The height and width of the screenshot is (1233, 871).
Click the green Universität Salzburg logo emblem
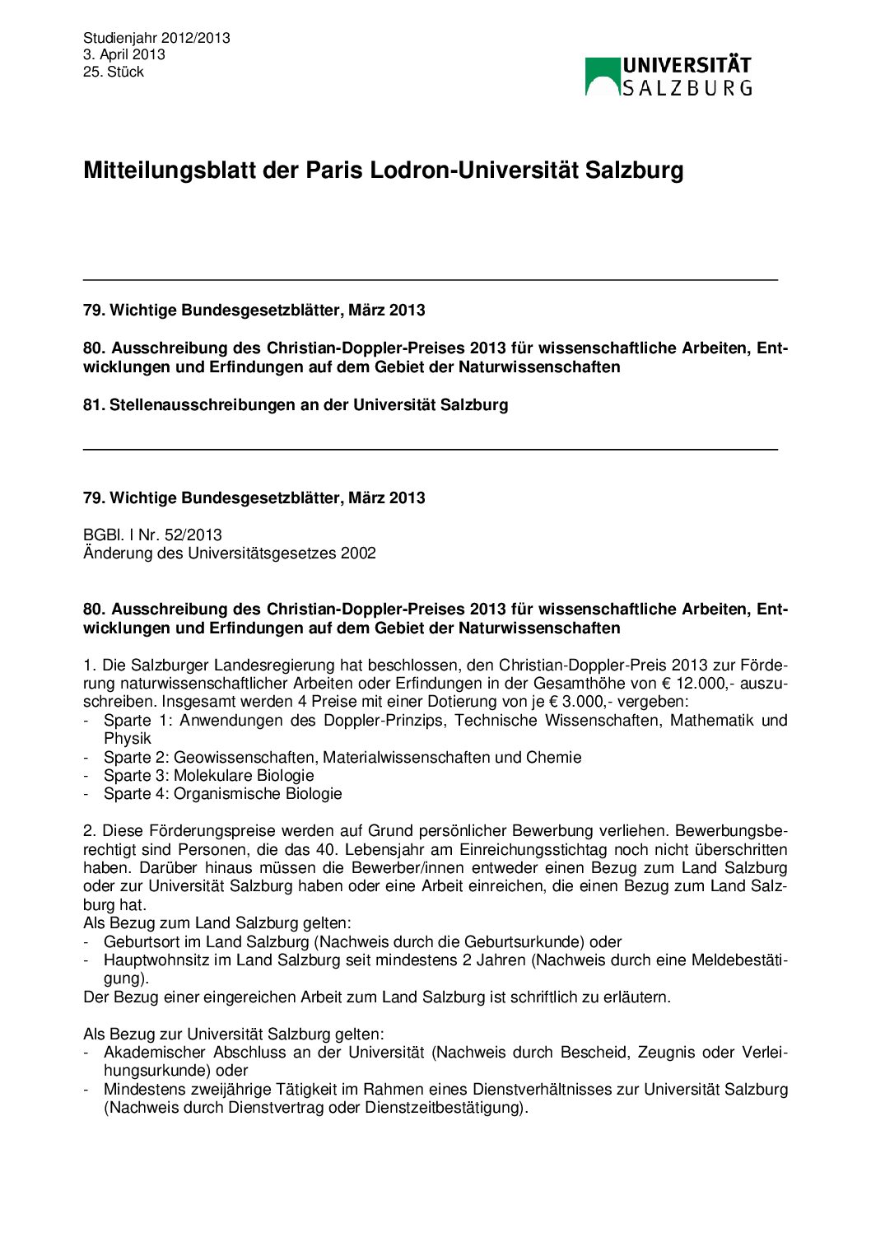pyautogui.click(x=603, y=77)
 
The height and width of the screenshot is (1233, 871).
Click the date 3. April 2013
pyautogui.click(x=123, y=54)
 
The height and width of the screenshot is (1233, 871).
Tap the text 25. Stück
pyautogui.click(x=114, y=72)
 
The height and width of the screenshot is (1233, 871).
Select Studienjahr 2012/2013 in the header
pyautogui.click(x=156, y=38)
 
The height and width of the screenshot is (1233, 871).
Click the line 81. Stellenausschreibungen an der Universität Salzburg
pyautogui.click(x=296, y=404)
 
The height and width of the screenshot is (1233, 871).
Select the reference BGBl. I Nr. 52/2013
pyautogui.click(x=152, y=535)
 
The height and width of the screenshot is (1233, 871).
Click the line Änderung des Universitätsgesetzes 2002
pyautogui.click(x=230, y=553)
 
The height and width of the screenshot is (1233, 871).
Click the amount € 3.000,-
pyautogui.click(x=580, y=702)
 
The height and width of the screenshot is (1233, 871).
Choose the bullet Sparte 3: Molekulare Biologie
pyautogui.click(x=208, y=775)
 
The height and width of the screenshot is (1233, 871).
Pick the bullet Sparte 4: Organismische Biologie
pyautogui.click(x=222, y=793)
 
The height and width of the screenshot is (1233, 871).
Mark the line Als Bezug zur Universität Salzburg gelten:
pyautogui.click(x=234, y=1034)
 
